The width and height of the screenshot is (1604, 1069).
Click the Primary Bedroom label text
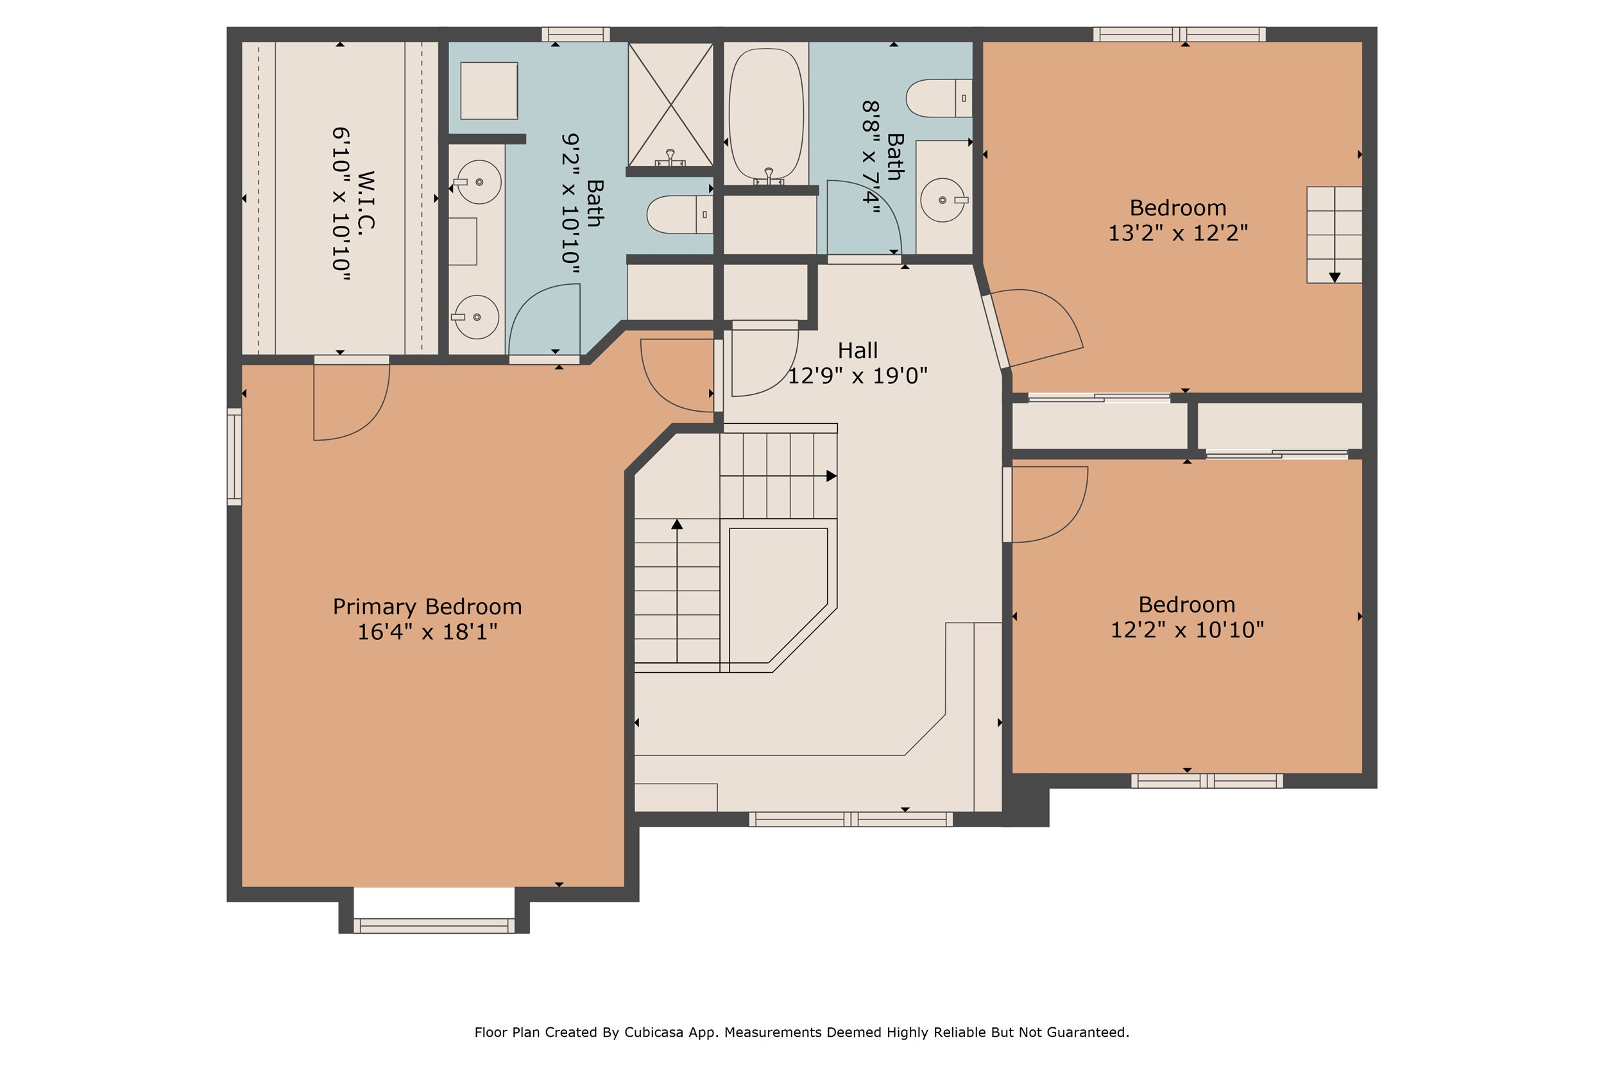(427, 607)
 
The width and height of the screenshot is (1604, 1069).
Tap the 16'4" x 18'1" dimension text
(427, 632)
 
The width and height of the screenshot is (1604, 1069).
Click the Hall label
(857, 350)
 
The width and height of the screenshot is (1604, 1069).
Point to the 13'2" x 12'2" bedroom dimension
(1178, 233)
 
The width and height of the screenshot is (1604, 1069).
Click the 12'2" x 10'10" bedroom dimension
(1186, 630)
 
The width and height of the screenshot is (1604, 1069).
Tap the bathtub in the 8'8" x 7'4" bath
(767, 112)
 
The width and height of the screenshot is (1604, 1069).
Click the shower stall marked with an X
(670, 104)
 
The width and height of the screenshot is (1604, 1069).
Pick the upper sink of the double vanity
(479, 182)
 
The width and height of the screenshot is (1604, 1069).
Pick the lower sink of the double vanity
(476, 317)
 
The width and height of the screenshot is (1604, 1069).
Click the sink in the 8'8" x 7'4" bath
(943, 199)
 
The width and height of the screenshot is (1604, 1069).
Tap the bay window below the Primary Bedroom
(434, 925)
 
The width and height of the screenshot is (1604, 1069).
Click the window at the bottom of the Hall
(850, 819)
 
